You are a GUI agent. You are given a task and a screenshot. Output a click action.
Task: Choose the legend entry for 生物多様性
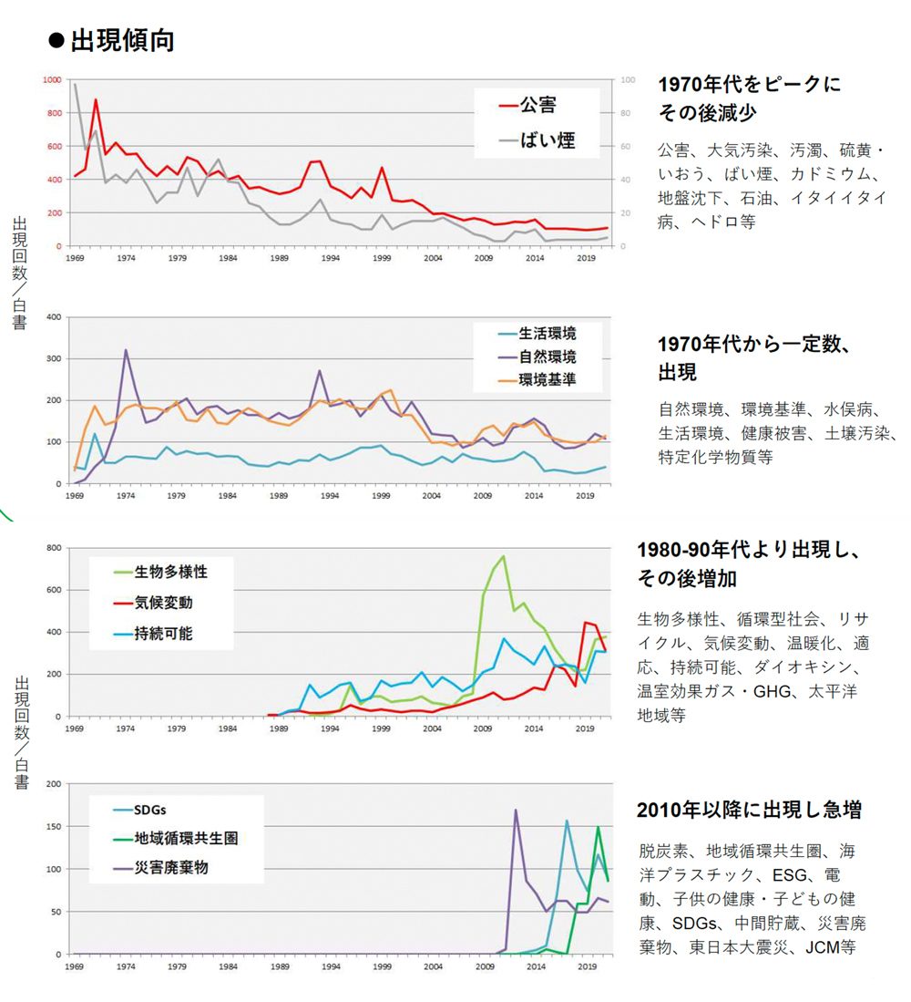[x=171, y=572]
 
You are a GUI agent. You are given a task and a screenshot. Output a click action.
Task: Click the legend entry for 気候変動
[x=164, y=603]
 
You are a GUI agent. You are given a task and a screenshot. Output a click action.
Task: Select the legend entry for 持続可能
[x=164, y=633]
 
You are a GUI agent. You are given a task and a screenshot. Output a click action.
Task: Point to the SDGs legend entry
[x=151, y=810]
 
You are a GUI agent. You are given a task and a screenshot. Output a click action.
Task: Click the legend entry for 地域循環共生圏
[x=186, y=838]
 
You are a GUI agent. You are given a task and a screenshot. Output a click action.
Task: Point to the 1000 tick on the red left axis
[x=52, y=80]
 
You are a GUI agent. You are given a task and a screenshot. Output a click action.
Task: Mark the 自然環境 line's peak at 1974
[x=126, y=350]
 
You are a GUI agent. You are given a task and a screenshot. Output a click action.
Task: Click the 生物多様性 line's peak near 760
[x=503, y=556]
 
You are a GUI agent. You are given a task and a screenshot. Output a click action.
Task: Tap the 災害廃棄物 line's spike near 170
[x=516, y=810]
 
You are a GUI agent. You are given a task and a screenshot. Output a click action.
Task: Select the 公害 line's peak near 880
[x=96, y=99]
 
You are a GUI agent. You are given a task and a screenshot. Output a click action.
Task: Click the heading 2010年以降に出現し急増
[x=749, y=810]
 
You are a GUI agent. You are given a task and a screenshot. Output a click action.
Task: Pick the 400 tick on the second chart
[x=53, y=317]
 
